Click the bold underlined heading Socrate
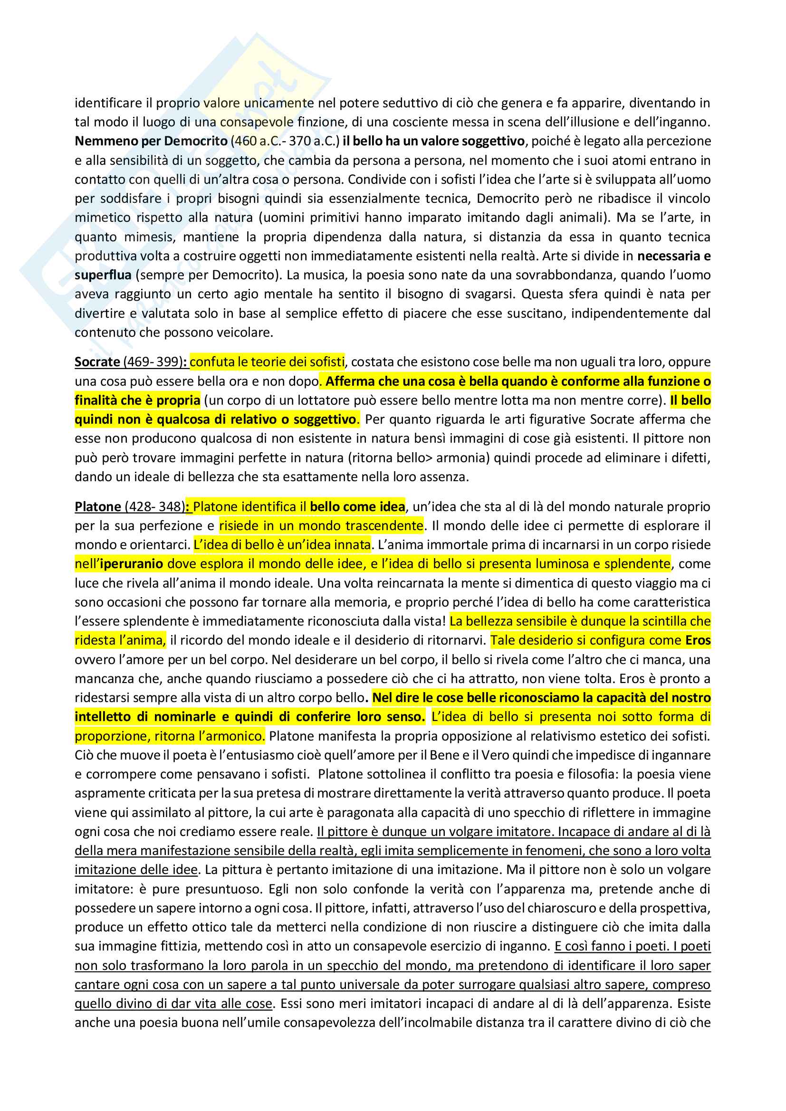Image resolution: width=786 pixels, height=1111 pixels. click(97, 362)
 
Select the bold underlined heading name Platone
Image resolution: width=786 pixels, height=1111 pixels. click(97, 507)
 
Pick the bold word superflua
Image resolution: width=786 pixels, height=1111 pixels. click(103, 275)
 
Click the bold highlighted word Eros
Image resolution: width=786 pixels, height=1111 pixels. click(698, 641)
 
